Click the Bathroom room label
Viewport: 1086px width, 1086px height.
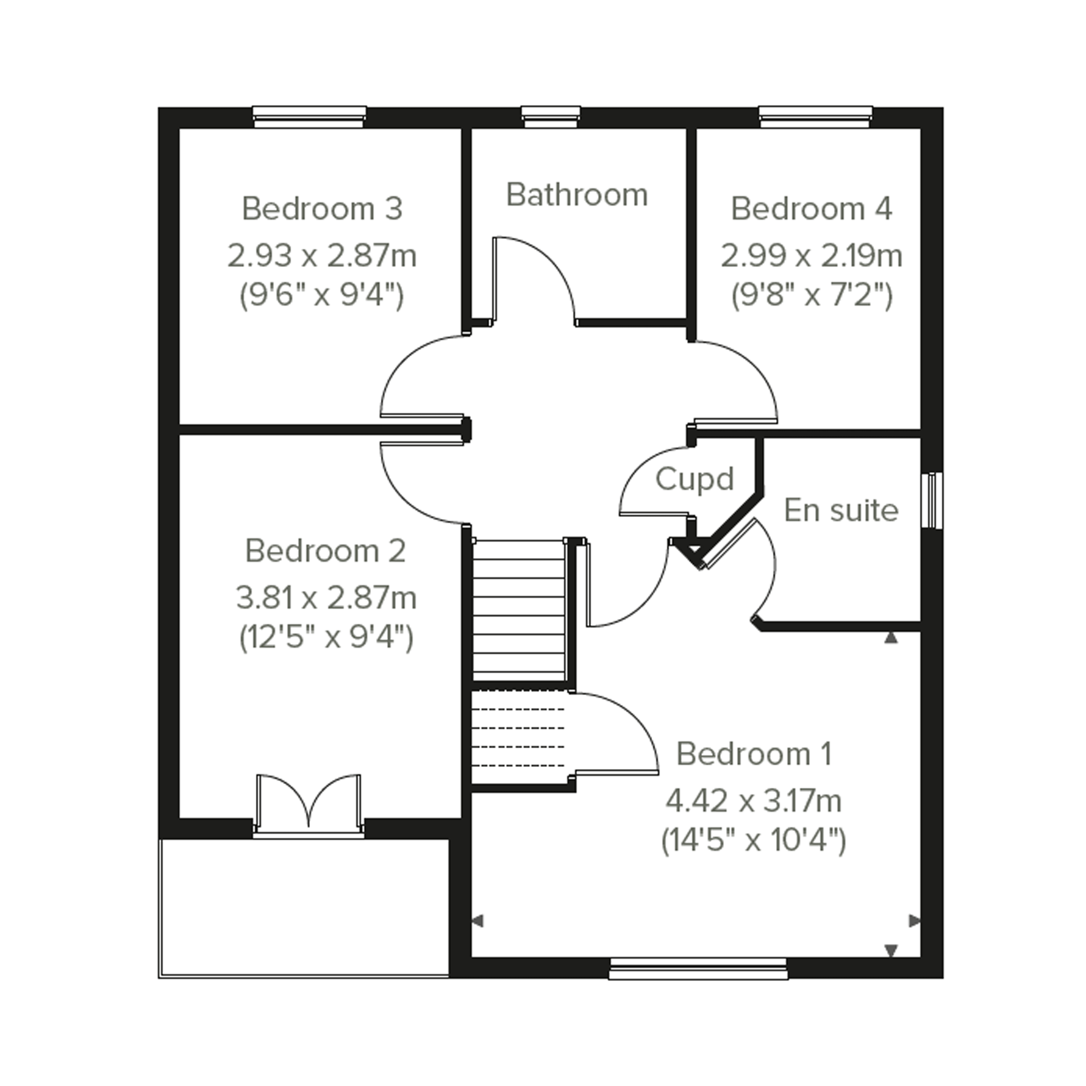(577, 195)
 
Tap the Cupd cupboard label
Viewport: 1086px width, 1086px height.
(695, 479)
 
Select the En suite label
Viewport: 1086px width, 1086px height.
(841, 511)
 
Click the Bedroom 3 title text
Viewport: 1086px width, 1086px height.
(322, 209)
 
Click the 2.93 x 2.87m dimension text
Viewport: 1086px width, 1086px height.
(322, 256)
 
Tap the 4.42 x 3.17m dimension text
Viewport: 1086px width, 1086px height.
(753, 801)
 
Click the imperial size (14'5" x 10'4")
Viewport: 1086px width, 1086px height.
(753, 841)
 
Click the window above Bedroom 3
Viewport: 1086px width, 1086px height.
(309, 117)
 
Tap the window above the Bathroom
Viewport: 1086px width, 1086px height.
(551, 117)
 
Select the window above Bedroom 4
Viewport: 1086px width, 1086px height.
(816, 117)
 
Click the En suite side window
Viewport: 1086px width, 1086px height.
(932, 500)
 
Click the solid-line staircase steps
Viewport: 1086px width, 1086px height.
(518, 610)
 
